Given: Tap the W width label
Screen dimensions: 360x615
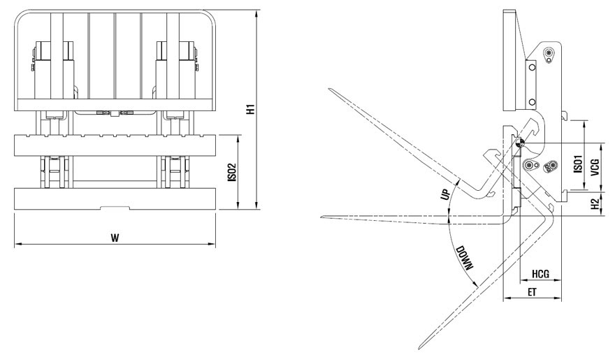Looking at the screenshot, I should pyautogui.click(x=114, y=238).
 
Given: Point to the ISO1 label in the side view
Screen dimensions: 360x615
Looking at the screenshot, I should pyautogui.click(x=578, y=164).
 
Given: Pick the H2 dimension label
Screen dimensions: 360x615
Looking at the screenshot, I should pyautogui.click(x=594, y=203).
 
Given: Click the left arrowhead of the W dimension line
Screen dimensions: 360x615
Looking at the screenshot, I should pyautogui.click(x=15, y=244).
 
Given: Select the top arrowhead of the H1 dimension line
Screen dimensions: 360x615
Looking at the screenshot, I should pyautogui.click(x=258, y=10).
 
